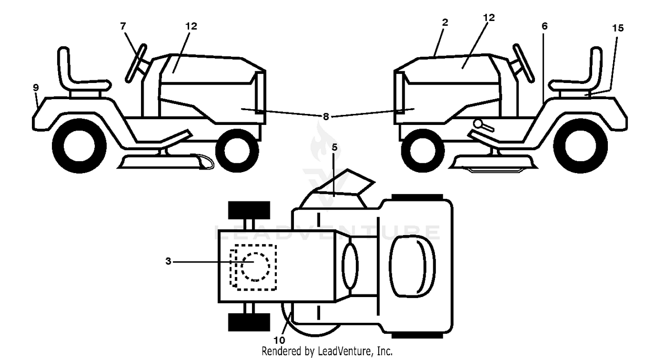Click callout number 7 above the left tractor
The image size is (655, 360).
[123, 26]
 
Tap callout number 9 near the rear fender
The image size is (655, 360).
[36, 87]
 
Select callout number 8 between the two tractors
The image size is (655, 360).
[326, 117]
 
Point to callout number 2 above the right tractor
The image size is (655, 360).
[445, 22]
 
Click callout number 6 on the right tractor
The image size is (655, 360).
[545, 26]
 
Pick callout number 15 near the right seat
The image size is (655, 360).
[618, 28]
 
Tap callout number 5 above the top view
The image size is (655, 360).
[334, 147]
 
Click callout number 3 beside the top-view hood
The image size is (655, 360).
[168, 261]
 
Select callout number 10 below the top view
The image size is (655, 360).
[279, 340]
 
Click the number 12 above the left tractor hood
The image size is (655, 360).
[191, 26]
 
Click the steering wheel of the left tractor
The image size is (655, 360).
[136, 63]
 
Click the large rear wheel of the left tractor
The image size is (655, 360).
[79, 145]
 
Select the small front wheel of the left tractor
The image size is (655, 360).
[237, 151]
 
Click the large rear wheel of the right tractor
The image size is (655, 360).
[580, 145]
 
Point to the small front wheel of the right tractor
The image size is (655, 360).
[423, 151]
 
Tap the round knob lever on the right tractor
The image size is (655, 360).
[479, 124]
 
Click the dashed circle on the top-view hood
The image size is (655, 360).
[255, 267]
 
